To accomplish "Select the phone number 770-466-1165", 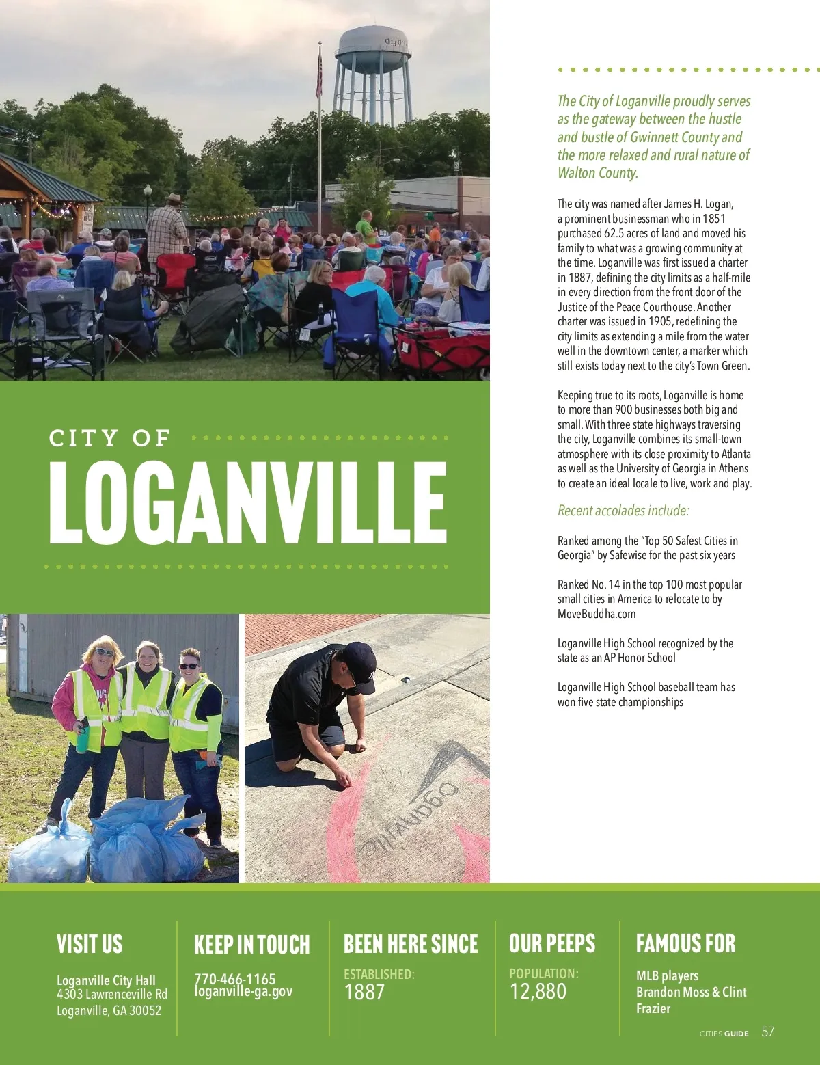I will tap(234, 978).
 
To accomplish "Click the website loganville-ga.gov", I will tap(243, 992).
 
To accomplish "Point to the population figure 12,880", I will tap(538, 991).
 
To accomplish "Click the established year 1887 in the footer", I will tap(364, 992).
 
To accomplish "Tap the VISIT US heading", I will tap(90, 944).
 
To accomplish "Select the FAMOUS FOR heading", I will tap(685, 943).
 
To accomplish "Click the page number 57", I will tap(768, 1032).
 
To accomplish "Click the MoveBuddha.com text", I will tap(597, 614).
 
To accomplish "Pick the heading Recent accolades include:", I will tap(623, 511).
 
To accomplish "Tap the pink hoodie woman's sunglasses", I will tap(105, 652).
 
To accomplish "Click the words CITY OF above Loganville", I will tap(109, 438).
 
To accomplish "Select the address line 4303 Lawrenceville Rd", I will tap(112, 994).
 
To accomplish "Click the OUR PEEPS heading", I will tap(552, 943).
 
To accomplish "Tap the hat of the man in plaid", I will tap(173, 199).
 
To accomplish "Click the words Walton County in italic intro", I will tap(597, 173).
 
